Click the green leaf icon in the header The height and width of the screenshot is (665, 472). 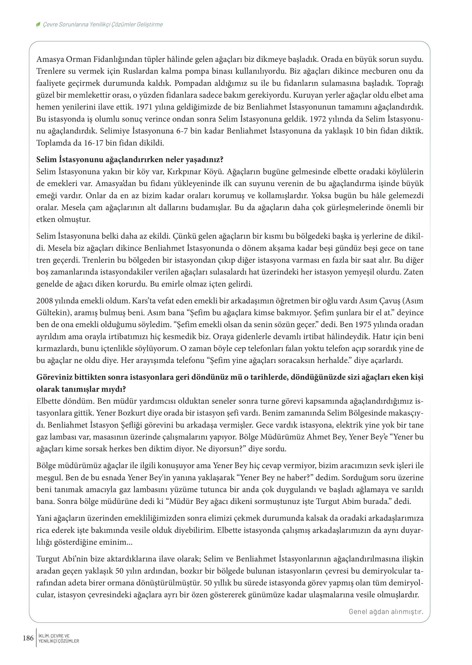pyautogui.click(x=38, y=25)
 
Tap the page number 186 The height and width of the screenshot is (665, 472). pyautogui.click(x=28, y=638)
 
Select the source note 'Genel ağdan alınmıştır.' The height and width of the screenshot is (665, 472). pyautogui.click(x=386, y=612)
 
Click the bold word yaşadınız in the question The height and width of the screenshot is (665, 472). pyautogui.click(x=206, y=159)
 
